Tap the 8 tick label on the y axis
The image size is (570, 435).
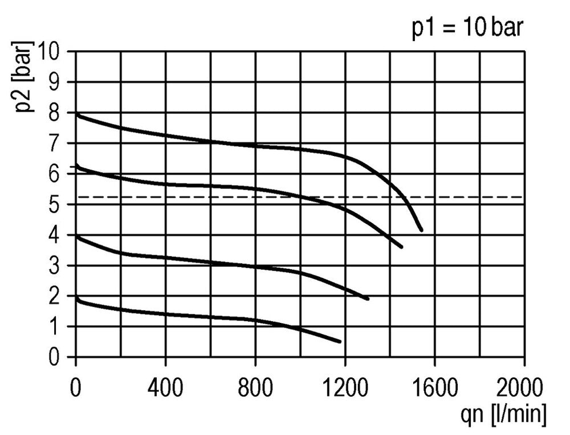tap(62, 113)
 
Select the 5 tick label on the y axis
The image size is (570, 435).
tap(62, 204)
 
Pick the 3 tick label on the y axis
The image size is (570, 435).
tap(62, 266)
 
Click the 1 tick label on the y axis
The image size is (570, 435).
tap(62, 327)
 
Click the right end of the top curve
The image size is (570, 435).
tap(421, 230)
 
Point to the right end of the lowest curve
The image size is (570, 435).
tap(340, 342)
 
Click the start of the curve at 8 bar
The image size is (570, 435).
tap(77, 114)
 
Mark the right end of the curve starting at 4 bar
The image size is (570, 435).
tap(368, 298)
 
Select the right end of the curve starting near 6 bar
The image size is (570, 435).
tap(402, 247)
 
